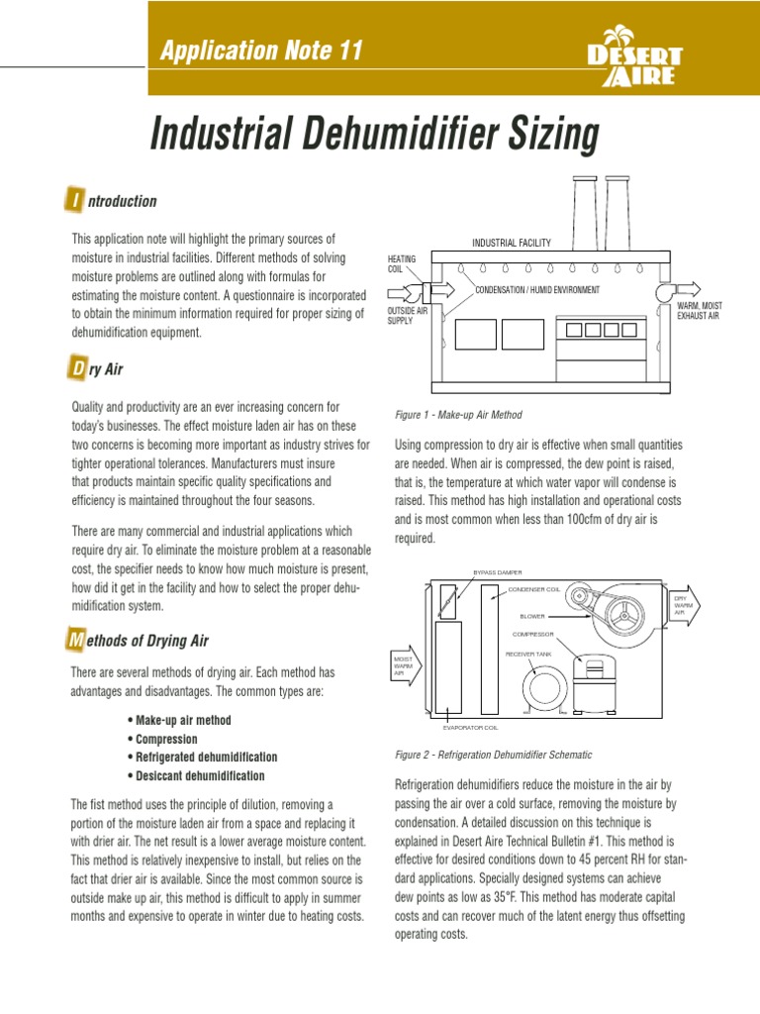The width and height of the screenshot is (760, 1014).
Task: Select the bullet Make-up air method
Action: click(x=179, y=720)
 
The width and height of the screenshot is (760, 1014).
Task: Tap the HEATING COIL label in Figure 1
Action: click(x=402, y=263)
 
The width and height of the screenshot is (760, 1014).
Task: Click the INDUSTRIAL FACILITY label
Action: click(x=511, y=243)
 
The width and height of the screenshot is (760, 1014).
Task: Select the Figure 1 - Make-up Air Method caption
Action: click(x=458, y=415)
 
